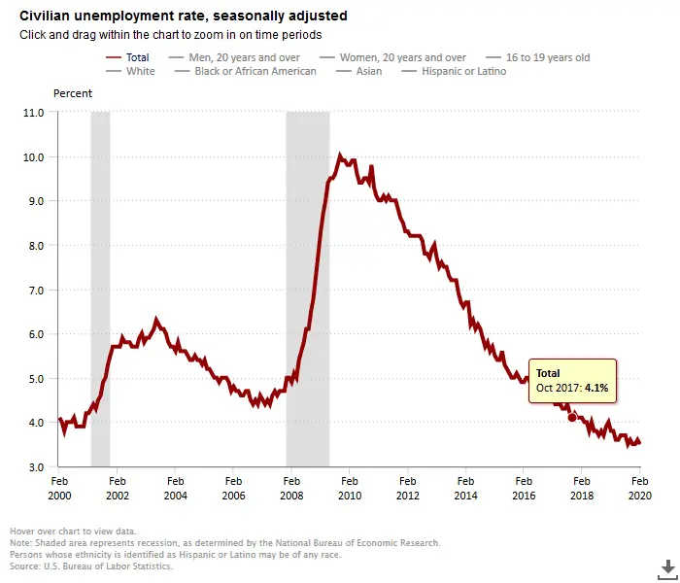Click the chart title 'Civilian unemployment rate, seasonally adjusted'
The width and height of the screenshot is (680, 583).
pyautogui.click(x=184, y=17)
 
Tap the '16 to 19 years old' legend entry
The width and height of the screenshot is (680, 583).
pyautogui.click(x=547, y=57)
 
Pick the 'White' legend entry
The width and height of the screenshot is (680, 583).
pyautogui.click(x=140, y=71)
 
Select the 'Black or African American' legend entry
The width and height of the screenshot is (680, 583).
pyautogui.click(x=255, y=71)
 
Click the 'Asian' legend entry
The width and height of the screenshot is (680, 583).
pyautogui.click(x=370, y=71)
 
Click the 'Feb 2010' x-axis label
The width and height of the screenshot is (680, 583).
pyautogui.click(x=350, y=487)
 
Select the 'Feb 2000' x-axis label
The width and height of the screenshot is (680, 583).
pyautogui.click(x=59, y=487)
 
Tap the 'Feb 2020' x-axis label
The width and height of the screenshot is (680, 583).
pyautogui.click(x=639, y=487)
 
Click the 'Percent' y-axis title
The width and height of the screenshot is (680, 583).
pyautogui.click(x=73, y=93)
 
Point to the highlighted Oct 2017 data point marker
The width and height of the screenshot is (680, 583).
pyautogui.click(x=572, y=418)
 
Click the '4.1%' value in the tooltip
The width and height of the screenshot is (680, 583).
pyautogui.click(x=596, y=389)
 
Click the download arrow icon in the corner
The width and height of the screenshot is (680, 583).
pyautogui.click(x=667, y=566)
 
